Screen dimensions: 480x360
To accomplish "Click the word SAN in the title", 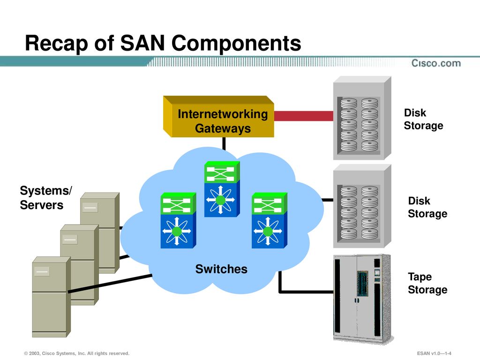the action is (x=142, y=43).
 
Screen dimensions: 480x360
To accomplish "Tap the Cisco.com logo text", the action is (x=436, y=63).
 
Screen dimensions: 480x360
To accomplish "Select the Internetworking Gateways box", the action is (x=218, y=117).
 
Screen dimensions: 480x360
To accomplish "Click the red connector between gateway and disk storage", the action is (x=304, y=116).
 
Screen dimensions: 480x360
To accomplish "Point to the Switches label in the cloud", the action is (x=221, y=269).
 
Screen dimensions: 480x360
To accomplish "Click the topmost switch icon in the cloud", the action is (x=222, y=189).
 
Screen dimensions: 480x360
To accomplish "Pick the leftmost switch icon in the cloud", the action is (x=178, y=220).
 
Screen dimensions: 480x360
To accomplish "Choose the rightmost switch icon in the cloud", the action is (x=270, y=220).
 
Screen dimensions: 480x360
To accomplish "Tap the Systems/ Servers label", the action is (x=46, y=198).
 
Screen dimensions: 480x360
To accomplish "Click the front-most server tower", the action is (x=52, y=297).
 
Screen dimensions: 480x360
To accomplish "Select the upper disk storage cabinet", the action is (x=362, y=118).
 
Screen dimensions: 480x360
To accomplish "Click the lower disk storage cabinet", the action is (x=362, y=206).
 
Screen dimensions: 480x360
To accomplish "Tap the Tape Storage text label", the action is (x=427, y=283).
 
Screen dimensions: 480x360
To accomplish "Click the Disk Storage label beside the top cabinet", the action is (x=423, y=119).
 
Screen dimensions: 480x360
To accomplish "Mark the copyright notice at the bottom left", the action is (x=77, y=353).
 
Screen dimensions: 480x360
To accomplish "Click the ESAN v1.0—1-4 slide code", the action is (x=434, y=353).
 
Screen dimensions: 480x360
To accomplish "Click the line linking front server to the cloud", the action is (x=110, y=284).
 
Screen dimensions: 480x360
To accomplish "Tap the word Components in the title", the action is (x=236, y=44).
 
